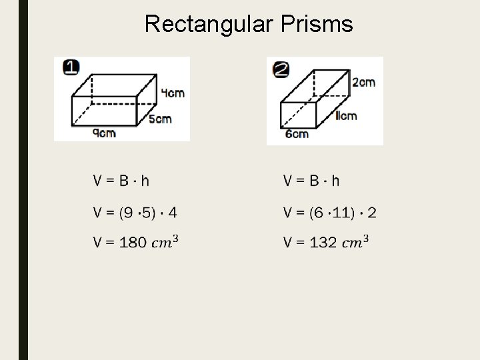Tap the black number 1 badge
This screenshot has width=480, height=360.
pos(71,67)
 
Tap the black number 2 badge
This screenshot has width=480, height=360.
pos(281,69)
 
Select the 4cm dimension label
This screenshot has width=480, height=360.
pos(173,93)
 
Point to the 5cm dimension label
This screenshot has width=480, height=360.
pos(160,119)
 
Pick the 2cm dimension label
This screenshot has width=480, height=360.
pos(363,82)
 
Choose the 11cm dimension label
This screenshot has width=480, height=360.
pos(345,116)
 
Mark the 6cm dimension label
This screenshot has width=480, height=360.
pos(297,134)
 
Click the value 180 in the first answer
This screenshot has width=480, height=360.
pos(133,243)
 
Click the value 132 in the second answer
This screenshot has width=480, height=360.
pos(323,243)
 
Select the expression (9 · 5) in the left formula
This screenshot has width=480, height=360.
pos(138,213)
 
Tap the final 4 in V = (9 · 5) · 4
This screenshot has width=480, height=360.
pos(173,213)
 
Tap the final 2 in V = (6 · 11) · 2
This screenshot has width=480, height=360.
pos(371,213)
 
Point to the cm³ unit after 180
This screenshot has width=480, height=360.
pos(165,241)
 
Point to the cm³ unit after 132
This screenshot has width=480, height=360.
pos(356,241)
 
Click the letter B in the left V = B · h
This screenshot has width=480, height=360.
pos(124,181)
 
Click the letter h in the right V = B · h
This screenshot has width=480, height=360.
pos(335,181)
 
